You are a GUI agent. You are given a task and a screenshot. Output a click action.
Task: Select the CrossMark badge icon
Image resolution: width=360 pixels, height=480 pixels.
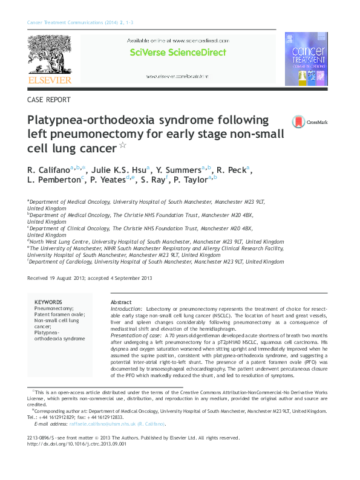298,122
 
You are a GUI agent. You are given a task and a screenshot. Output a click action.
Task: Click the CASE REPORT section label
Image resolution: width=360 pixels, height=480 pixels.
49,100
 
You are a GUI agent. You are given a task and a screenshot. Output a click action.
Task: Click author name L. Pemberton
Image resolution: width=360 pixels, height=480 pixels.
53,180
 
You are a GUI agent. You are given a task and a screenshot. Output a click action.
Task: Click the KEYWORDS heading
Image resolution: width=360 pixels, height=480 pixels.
48,302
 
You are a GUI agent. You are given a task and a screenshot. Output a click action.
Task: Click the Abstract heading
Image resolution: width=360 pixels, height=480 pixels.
121,302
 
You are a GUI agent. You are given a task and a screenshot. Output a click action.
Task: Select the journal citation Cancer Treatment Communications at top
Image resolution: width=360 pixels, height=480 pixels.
69,22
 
